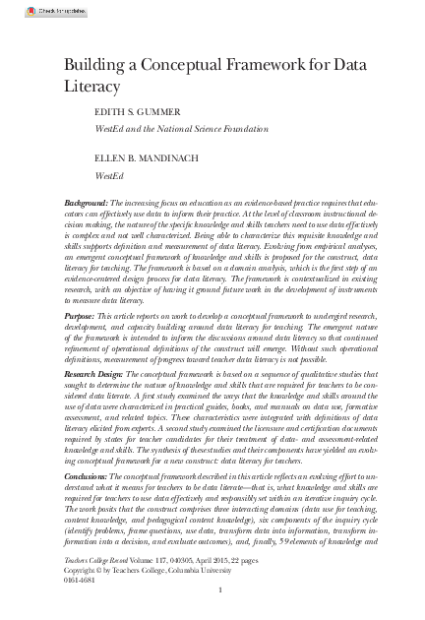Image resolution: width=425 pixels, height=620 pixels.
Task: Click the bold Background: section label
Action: coord(86,202)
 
